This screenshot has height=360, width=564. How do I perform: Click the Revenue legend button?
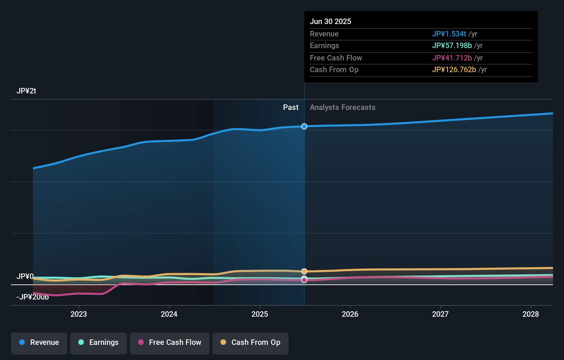tap(39, 342)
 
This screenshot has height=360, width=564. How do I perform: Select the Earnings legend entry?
tap(99, 342)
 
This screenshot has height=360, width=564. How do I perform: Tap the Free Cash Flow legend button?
tap(170, 342)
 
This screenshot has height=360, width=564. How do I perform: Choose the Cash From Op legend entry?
tap(250, 342)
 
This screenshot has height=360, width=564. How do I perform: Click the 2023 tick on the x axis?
tap(79, 314)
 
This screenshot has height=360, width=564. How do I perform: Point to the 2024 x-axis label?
tap(169, 314)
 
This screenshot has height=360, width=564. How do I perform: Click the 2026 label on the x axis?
tap(350, 314)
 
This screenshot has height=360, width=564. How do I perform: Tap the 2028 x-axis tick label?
tap(531, 314)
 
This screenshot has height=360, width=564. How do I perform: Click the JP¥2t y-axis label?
tap(26, 91)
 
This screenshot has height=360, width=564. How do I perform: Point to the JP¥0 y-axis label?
tap(25, 276)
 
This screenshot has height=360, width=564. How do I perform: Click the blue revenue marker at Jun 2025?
tap(304, 126)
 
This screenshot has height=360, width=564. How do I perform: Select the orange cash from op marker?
tap(304, 271)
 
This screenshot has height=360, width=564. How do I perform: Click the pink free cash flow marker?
tap(304, 280)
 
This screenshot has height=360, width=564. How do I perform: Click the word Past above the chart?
tap(291, 108)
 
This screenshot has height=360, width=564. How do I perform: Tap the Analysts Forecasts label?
tap(342, 108)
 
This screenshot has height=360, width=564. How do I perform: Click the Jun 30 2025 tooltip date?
tap(330, 21)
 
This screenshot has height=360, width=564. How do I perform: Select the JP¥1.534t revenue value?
tap(449, 34)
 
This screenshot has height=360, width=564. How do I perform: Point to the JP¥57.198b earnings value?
tap(452, 46)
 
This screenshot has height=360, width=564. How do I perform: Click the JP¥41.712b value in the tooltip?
tap(452, 58)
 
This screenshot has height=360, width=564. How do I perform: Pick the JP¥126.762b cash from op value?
tap(454, 70)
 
